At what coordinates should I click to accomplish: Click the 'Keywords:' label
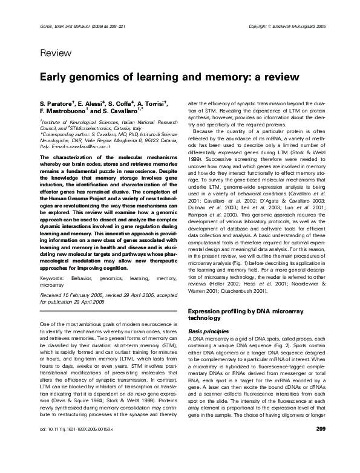[x=53, y=260]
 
